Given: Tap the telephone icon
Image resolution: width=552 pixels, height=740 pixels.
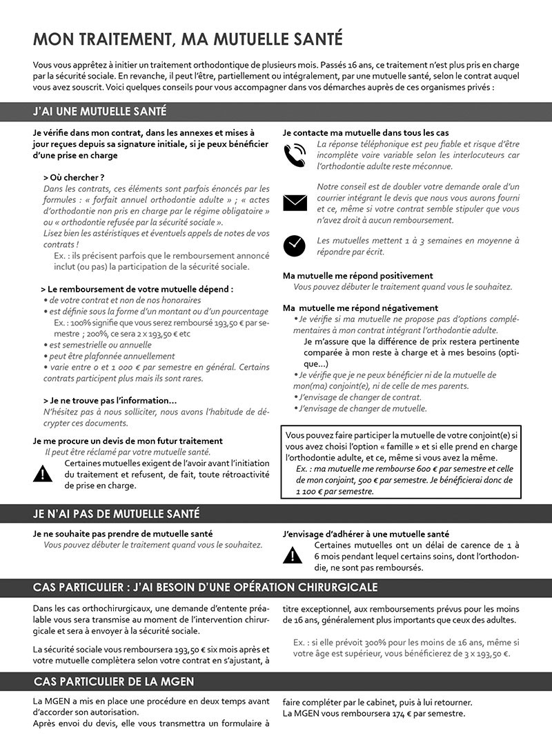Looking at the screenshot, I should click(295, 156).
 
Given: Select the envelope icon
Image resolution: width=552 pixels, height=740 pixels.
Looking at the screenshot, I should click(295, 202).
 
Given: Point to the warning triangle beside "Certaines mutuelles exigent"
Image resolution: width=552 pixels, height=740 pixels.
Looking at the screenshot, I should click(43, 474).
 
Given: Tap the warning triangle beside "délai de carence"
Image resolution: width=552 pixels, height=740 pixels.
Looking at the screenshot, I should click(293, 554).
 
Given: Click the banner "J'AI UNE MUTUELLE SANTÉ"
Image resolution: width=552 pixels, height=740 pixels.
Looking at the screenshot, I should click(99, 112).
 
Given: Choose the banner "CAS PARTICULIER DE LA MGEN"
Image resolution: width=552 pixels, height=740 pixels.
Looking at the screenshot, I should click(114, 681).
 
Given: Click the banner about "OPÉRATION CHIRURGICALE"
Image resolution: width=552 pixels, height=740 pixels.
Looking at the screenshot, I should click(205, 587).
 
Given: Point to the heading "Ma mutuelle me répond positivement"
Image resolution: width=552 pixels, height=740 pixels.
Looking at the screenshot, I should click(358, 276).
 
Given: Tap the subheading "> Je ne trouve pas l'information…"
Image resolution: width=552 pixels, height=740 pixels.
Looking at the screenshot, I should click(110, 401).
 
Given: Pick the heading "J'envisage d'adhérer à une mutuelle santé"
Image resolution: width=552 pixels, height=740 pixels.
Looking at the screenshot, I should click(366, 534).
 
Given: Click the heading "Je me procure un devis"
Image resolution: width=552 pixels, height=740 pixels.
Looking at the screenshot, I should click(128, 441).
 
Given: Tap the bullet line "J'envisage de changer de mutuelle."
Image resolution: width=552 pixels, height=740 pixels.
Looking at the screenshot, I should click(363, 408).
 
